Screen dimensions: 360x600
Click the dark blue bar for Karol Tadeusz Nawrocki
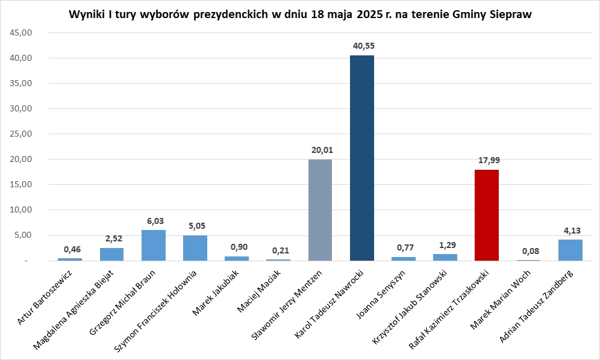(361, 158)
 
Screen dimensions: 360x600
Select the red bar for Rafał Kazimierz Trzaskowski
(486, 215)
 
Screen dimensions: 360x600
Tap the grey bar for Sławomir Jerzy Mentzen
(320, 209)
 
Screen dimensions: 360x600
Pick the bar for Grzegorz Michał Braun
(154, 245)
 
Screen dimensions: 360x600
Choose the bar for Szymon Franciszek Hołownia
(195, 247)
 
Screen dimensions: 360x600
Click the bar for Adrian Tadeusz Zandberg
(570, 250)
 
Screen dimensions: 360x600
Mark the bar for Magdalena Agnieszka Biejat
(111, 254)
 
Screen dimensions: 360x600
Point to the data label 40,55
(361, 46)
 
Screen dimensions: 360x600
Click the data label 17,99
(487, 160)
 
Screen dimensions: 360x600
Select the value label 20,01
(320, 150)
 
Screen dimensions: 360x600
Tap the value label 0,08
(528, 250)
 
